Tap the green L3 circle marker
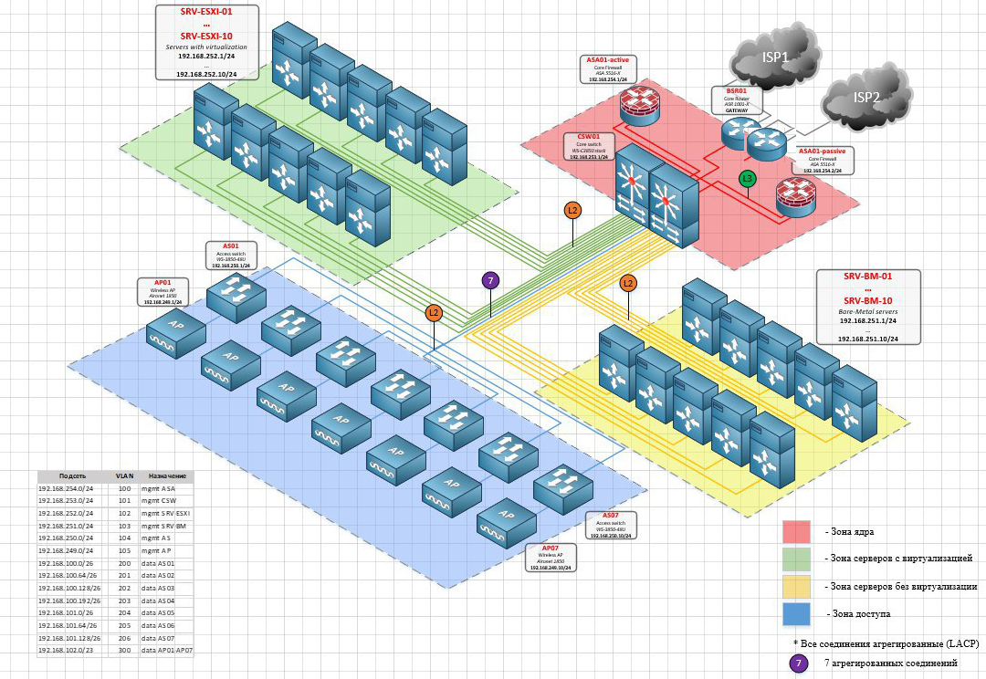coord(748,179)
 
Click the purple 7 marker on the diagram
coord(491,281)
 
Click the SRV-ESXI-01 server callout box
coord(207,42)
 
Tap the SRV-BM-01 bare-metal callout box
coord(868,307)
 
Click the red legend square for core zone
coord(796,531)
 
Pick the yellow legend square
coord(796,586)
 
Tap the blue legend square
coord(796,614)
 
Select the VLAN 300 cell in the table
coord(124,649)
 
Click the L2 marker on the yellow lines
coord(627,283)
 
